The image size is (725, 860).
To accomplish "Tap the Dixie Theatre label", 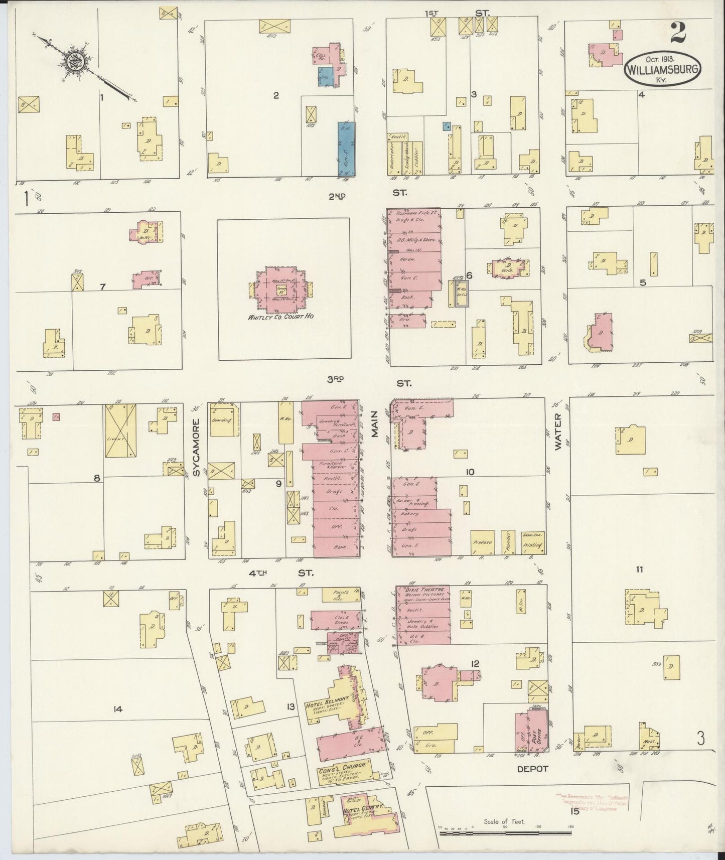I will (416, 590).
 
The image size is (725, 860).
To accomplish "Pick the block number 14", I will (118, 709).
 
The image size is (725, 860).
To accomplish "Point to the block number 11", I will (639, 569).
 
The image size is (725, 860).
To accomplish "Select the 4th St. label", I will (281, 572).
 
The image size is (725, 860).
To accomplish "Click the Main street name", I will (375, 429).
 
